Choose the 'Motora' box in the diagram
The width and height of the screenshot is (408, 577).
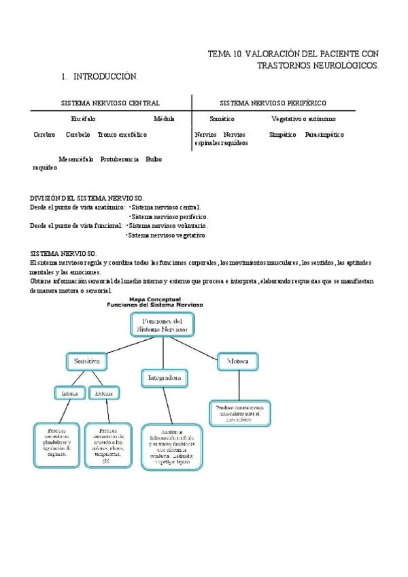(x=237, y=361)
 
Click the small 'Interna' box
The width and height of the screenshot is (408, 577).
(x=70, y=393)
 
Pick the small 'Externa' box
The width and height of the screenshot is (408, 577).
(x=104, y=393)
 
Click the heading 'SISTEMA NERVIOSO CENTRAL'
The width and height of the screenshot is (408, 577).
(x=110, y=103)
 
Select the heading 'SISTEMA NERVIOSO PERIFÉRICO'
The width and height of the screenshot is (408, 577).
(x=273, y=103)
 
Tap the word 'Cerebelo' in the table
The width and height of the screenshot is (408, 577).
(x=78, y=135)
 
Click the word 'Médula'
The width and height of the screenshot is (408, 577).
(x=164, y=119)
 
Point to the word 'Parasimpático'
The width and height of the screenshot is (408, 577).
(x=324, y=135)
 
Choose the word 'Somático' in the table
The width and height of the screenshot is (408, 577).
(x=222, y=119)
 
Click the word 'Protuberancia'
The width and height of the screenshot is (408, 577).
(x=120, y=159)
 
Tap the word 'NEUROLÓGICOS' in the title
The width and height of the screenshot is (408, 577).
(x=351, y=65)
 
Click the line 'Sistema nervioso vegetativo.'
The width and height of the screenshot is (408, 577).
(x=167, y=235)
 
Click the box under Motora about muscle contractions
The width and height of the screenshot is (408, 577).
(x=239, y=413)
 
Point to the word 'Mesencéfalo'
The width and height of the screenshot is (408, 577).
(x=76, y=159)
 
